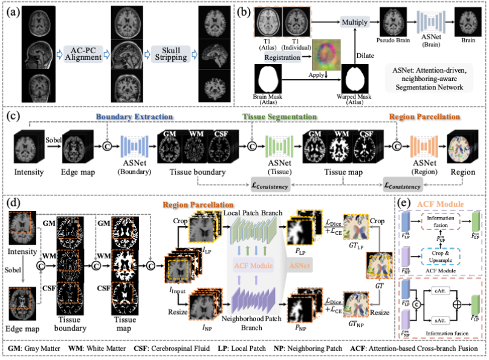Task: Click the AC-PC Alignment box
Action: click(x=85, y=53)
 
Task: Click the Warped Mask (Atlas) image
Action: click(x=355, y=78)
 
